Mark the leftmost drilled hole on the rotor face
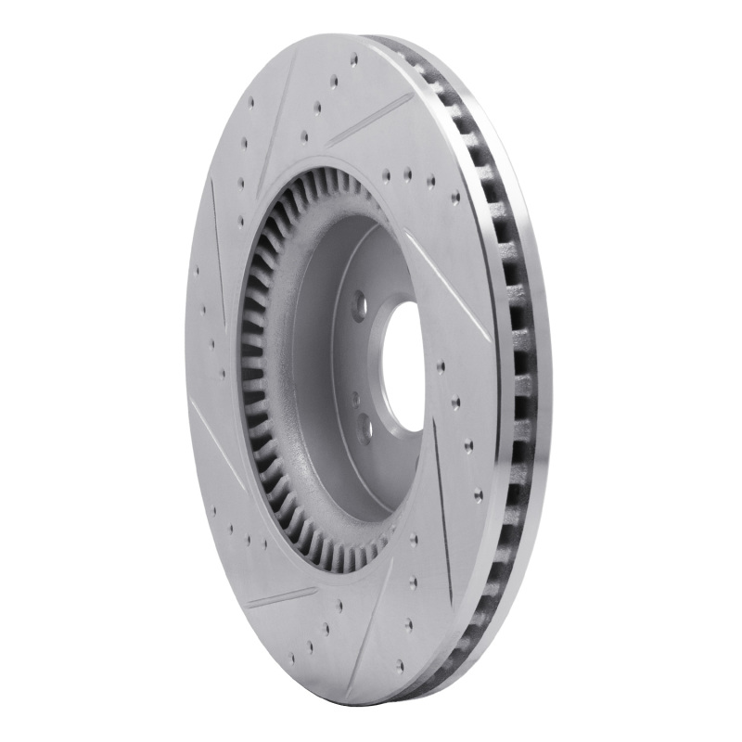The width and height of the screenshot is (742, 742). tap(197, 273)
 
